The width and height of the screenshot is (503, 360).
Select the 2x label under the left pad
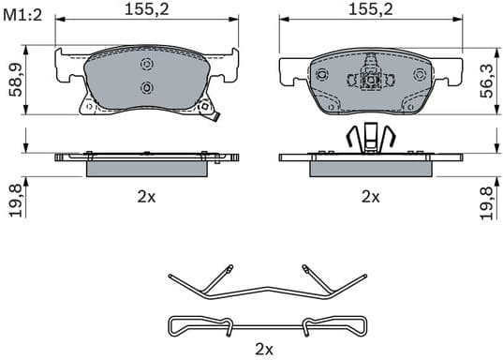[x=145, y=197]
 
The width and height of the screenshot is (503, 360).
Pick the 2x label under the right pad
[x=371, y=197]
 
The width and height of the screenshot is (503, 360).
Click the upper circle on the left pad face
[x=145, y=65]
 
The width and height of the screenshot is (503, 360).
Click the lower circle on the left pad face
[x=145, y=87]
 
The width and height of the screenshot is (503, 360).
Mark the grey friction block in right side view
[x=371, y=167]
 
